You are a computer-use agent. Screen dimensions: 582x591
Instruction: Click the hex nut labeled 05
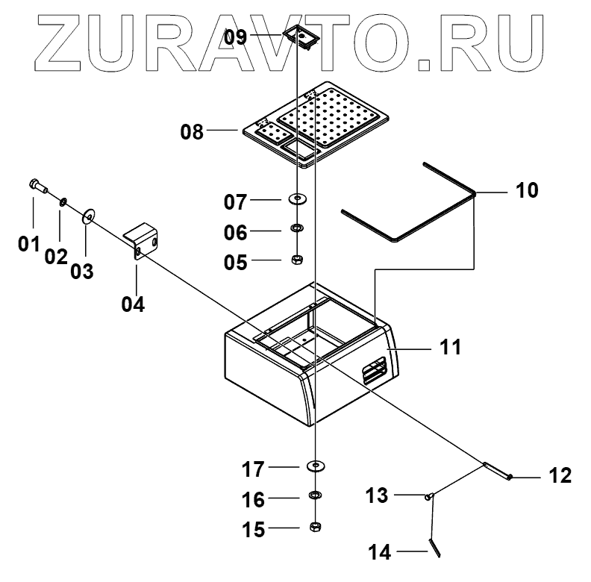point(296,260)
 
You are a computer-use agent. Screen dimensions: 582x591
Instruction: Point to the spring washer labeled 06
point(296,229)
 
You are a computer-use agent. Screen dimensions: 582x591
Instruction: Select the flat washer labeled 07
point(298,199)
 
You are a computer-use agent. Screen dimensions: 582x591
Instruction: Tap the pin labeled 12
point(497,472)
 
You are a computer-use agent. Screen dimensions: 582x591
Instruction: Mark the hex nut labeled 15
point(315,527)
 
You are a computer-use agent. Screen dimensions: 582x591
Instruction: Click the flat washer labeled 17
point(316,466)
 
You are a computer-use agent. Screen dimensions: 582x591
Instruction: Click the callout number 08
point(192,133)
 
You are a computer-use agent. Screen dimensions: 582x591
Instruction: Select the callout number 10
point(526,190)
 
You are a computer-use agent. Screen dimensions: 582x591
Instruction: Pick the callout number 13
point(378,495)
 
